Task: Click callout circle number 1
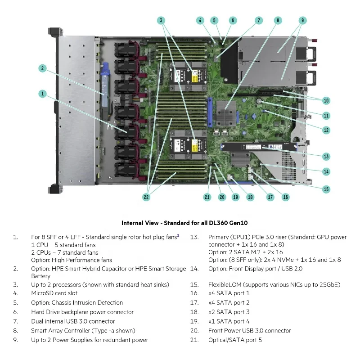42,94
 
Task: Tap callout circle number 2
42,68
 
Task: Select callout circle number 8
278,20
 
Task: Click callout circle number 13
326,157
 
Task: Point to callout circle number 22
146,197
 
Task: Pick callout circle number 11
326,115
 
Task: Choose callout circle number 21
207,197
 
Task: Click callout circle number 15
326,189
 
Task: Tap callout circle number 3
162,20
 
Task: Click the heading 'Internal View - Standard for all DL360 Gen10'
184,223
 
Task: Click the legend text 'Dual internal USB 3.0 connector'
73,321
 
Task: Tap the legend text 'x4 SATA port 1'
229,293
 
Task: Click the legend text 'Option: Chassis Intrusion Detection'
77,303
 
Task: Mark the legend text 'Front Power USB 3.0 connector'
250,331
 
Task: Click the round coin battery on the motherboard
260,102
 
